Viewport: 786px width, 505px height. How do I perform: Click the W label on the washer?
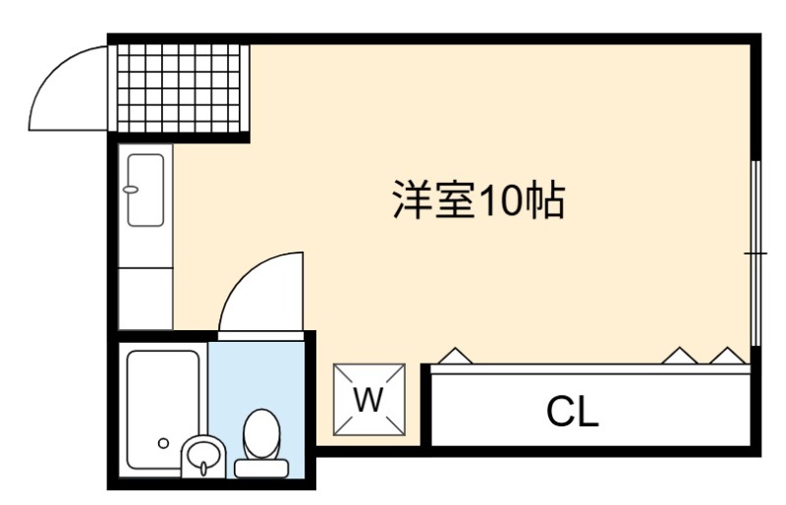(369, 400)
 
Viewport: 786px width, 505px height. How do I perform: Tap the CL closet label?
(573, 412)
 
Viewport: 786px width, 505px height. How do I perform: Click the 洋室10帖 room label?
(478, 199)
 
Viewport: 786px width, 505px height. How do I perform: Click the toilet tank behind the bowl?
(261, 469)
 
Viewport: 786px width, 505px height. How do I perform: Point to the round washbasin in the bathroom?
(202, 455)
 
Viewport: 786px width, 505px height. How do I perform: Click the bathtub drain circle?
(163, 443)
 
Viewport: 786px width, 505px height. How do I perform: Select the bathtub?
(163, 411)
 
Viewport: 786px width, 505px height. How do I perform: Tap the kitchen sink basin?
(145, 190)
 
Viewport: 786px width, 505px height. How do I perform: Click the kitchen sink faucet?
(131, 189)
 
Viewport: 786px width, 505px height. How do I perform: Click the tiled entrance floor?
(179, 88)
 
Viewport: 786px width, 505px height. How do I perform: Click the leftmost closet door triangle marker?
(455, 356)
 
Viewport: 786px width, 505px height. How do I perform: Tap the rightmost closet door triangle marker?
(728, 356)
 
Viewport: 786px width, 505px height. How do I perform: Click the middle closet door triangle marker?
(680, 356)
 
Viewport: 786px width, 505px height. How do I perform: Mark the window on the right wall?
(757, 253)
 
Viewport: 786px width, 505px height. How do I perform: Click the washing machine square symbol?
(369, 400)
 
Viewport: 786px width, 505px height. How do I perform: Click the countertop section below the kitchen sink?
(145, 299)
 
